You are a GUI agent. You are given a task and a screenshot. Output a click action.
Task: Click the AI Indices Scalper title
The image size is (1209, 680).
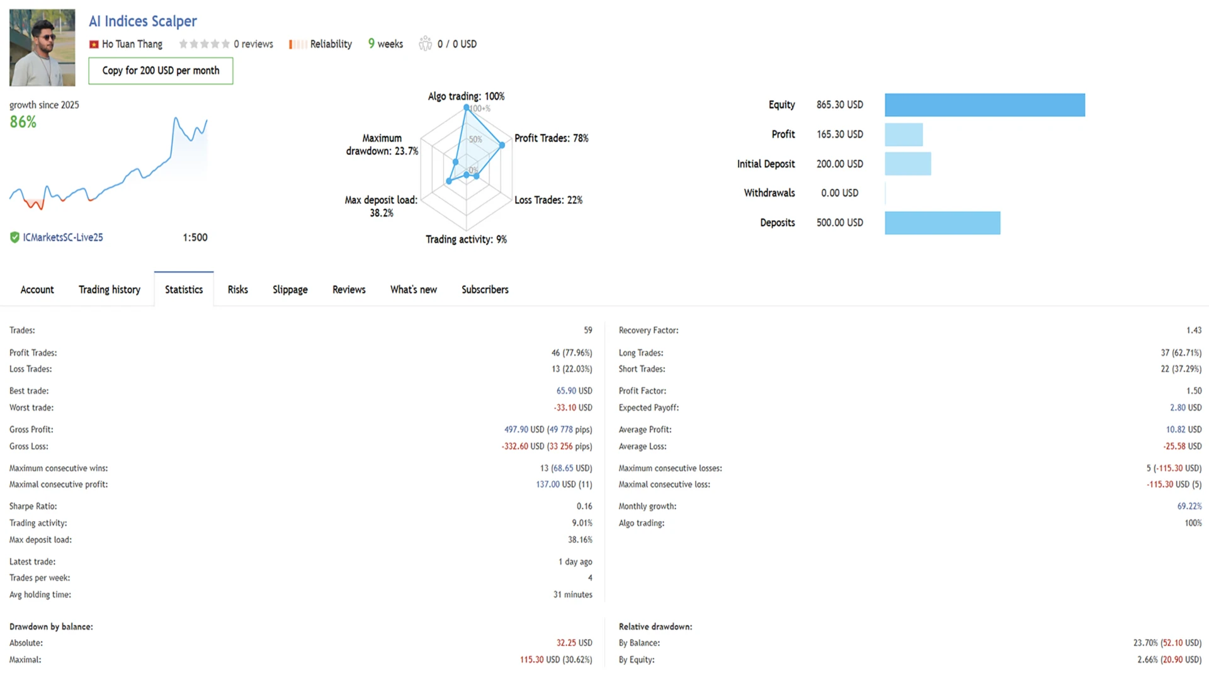[143, 21]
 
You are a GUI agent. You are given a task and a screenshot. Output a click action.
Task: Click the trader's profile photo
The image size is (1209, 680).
[42, 47]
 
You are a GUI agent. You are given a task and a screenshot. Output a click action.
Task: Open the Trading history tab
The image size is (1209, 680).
[110, 290]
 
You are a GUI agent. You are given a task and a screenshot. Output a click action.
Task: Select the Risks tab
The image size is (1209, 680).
[237, 290]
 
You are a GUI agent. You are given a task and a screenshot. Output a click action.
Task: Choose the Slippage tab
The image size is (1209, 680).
[290, 290]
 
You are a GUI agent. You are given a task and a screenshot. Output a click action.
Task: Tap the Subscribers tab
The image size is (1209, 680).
[485, 290]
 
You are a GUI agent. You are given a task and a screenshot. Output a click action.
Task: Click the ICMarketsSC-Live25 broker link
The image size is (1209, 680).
[62, 237]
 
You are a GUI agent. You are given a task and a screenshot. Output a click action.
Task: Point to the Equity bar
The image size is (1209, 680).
[984, 105]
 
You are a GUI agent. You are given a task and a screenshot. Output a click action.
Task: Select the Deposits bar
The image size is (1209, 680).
[942, 223]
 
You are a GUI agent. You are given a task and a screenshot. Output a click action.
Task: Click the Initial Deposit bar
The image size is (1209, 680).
[907, 164]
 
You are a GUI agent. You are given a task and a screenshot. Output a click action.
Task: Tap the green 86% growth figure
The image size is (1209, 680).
[23, 122]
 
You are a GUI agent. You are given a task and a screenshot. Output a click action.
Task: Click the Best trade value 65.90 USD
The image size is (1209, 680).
[574, 391]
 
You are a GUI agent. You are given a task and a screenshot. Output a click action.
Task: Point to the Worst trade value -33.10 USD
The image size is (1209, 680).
[572, 408]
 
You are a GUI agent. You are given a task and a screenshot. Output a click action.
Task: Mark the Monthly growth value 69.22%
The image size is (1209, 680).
[1189, 506]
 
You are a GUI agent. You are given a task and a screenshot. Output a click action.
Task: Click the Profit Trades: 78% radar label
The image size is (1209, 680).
[551, 138]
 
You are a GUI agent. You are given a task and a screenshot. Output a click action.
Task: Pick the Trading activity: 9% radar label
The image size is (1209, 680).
[466, 239]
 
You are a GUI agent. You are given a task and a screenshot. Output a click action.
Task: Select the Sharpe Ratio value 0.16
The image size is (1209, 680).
[584, 506]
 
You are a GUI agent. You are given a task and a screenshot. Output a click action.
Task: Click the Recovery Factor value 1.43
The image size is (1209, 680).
[1193, 331]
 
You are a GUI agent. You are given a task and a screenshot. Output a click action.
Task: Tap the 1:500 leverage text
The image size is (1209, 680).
[195, 237]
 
